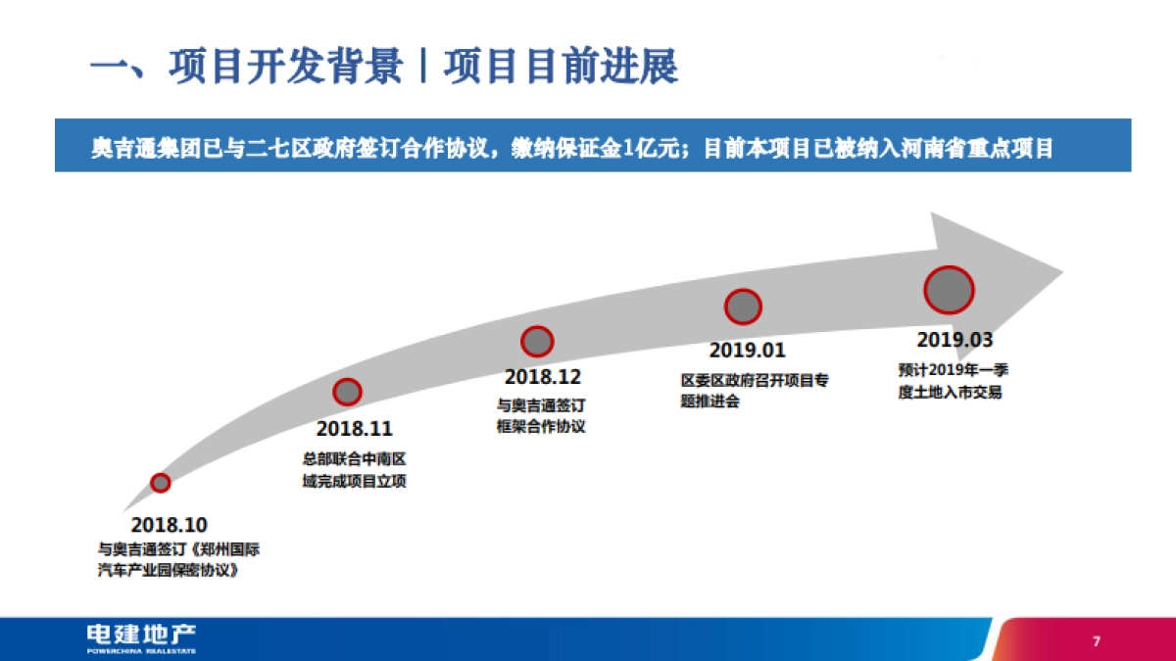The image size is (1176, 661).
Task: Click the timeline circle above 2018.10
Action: pos(161,482)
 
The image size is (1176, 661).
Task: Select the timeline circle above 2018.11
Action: pos(347,392)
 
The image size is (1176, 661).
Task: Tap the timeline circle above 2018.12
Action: pos(537,341)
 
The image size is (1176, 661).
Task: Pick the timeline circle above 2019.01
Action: pos(743,307)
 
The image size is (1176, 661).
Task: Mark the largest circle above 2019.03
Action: pos(949,290)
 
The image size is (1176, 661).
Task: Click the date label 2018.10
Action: pos(170,525)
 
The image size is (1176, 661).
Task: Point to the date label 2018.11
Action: pos(354,429)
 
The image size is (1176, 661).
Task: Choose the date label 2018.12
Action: pos(543,377)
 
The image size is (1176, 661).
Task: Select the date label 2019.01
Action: pos(748,350)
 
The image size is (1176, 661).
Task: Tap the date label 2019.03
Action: pos(955,340)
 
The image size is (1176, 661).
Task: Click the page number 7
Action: pos(1097,641)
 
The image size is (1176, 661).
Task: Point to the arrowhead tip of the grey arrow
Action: pos(1060,269)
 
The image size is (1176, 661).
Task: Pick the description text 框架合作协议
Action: pos(541,426)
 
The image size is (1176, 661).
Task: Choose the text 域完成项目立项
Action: pos(354,480)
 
